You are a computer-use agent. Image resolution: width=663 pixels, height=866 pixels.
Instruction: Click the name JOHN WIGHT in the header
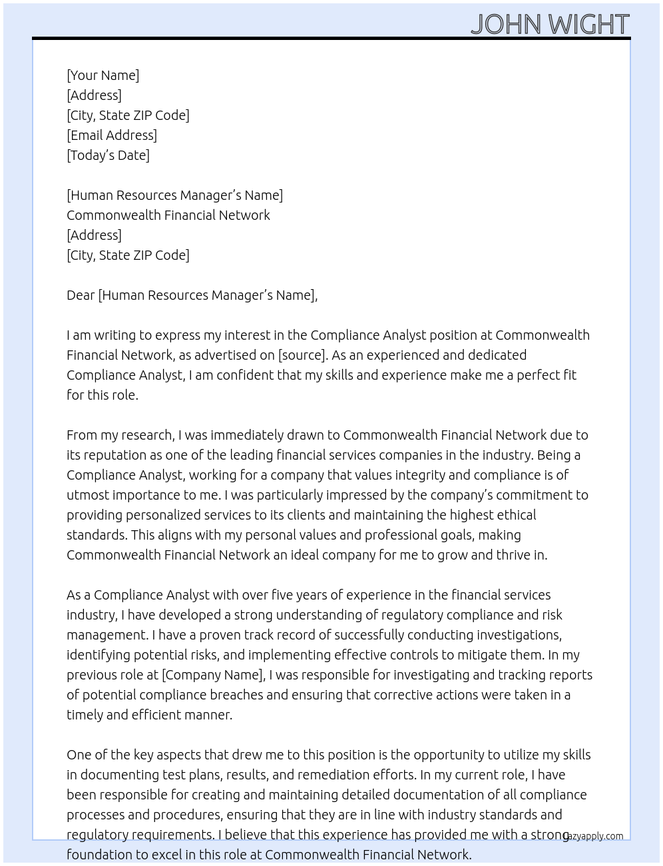point(550,24)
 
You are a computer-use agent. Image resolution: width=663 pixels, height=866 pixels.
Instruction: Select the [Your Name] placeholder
point(103,75)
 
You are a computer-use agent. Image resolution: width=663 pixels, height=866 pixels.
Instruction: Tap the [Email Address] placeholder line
point(112,135)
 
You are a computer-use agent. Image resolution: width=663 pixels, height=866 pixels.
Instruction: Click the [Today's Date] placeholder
point(108,155)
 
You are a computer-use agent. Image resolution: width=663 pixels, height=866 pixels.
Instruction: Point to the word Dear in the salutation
point(81,295)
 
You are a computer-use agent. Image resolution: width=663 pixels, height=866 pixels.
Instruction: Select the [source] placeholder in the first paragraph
point(302,355)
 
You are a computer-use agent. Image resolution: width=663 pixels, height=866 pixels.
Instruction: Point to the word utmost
point(87,495)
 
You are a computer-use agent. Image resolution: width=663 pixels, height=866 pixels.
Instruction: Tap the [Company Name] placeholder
point(213,675)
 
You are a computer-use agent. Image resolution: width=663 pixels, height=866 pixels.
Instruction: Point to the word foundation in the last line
point(97,855)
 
